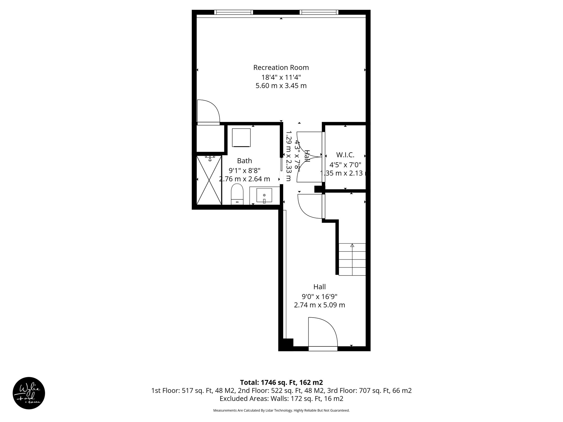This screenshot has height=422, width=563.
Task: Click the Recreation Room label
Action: (281, 68)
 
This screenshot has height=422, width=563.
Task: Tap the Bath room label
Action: (244, 161)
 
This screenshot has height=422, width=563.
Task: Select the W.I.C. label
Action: (345, 155)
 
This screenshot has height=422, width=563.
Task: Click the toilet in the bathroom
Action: (237, 194)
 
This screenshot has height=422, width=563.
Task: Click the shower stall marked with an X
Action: (209, 180)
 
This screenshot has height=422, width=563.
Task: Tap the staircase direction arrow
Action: (352, 246)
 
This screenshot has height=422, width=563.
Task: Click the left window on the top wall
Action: (233, 12)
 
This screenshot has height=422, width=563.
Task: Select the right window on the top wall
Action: (319, 12)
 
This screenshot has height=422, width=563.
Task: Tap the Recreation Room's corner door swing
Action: (208, 111)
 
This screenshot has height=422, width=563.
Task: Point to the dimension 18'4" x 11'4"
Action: (281, 77)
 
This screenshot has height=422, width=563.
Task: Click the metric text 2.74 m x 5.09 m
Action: (319, 305)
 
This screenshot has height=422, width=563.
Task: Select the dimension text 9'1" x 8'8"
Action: (244, 170)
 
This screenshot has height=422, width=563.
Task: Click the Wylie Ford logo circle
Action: (29, 393)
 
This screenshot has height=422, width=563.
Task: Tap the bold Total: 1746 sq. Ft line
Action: (281, 382)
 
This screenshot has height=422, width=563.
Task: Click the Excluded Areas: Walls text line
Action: (281, 398)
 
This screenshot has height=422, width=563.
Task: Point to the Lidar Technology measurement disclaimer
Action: (281, 410)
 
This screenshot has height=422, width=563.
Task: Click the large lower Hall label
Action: (319, 287)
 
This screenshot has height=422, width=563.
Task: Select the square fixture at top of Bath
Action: (241, 137)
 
